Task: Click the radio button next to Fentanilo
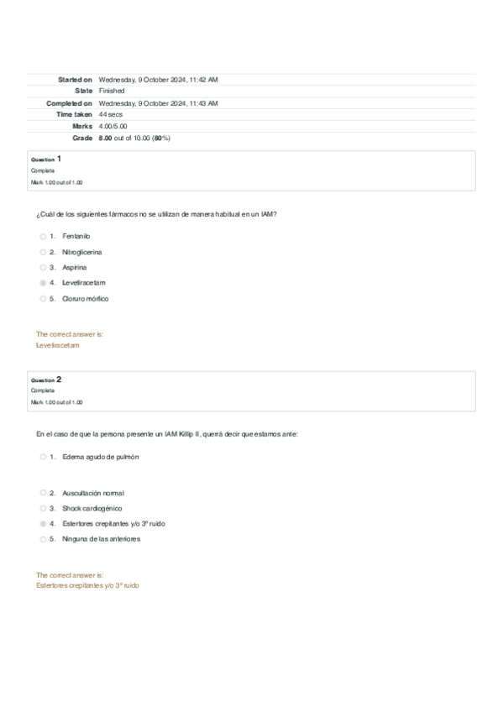(43, 236)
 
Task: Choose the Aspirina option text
(74, 267)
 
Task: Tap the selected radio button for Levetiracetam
(43, 283)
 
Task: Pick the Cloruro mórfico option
(85, 298)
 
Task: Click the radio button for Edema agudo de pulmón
(43, 457)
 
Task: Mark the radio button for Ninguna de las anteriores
(43, 539)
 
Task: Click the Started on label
(75, 79)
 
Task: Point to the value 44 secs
(110, 113)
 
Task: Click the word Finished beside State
(111, 91)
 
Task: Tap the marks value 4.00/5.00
(113, 125)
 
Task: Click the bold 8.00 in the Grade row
(105, 137)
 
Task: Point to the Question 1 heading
(46, 159)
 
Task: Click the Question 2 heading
(46, 380)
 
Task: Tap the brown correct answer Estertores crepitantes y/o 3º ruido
(87, 584)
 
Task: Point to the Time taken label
(74, 113)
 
